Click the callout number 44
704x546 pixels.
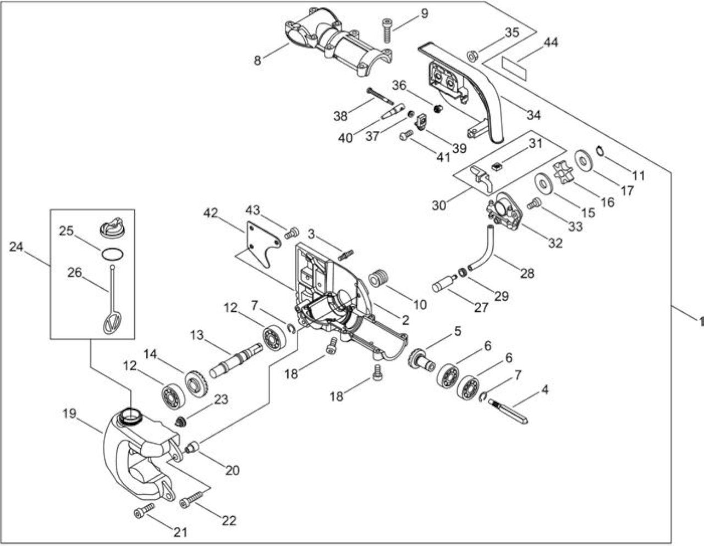[551, 42]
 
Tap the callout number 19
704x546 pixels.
[69, 413]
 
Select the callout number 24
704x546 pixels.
[16, 247]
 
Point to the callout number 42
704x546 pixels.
[211, 213]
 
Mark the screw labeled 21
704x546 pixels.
[144, 511]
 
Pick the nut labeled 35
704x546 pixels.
[472, 56]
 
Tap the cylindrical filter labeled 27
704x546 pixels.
[444, 284]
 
